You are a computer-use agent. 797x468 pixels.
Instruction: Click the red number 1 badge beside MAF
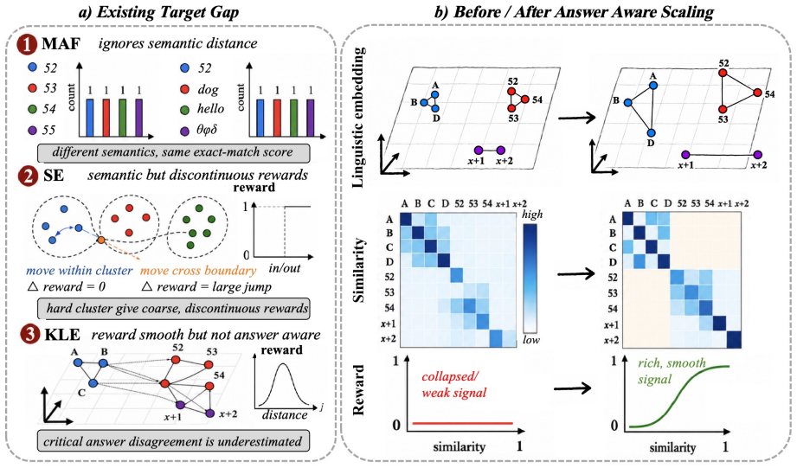coord(27,44)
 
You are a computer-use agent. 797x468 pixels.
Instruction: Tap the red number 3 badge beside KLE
coord(30,335)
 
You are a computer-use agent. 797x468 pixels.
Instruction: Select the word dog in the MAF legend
coord(208,89)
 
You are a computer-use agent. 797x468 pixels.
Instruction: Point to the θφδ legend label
coord(207,130)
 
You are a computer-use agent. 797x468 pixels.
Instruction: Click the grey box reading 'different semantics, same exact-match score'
coord(173,152)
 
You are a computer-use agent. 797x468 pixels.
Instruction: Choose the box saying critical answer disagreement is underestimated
coord(173,441)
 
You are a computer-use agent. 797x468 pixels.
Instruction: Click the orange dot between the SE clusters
coord(101,240)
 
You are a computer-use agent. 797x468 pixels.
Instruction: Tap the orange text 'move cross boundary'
coord(198,270)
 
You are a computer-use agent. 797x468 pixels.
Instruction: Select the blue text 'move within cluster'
coord(80,270)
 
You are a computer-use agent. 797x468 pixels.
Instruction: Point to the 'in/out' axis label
coord(285,268)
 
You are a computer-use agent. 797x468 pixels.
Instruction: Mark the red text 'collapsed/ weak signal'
coord(453,385)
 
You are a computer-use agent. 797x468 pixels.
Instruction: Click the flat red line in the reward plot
coord(463,423)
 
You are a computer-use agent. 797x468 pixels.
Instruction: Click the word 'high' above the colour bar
coord(532,215)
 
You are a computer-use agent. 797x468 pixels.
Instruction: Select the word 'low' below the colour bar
coord(531,340)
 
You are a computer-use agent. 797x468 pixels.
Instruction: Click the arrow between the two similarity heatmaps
coord(575,274)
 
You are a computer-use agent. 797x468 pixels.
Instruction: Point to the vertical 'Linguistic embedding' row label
coord(358,118)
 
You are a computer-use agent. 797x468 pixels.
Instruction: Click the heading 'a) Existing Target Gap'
coord(158,12)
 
